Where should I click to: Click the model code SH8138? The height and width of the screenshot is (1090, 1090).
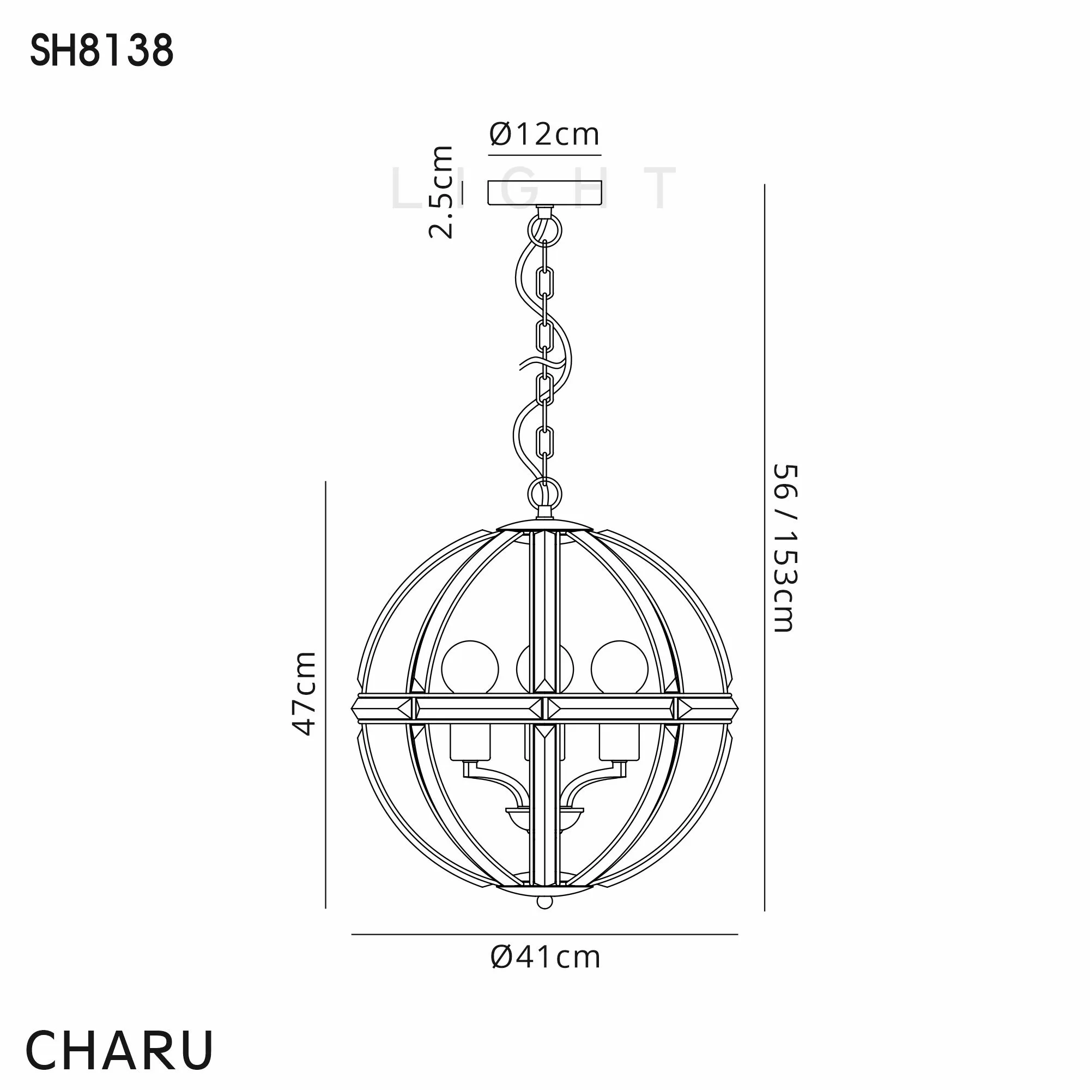point(101,50)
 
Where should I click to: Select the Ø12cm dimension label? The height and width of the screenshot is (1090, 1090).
point(544,134)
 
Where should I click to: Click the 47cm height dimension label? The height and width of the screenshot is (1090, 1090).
point(304,693)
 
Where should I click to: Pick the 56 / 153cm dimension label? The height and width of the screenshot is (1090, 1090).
point(784,548)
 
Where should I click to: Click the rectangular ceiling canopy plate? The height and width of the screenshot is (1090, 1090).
point(545,192)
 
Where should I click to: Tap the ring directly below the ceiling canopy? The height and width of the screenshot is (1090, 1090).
point(545,231)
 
